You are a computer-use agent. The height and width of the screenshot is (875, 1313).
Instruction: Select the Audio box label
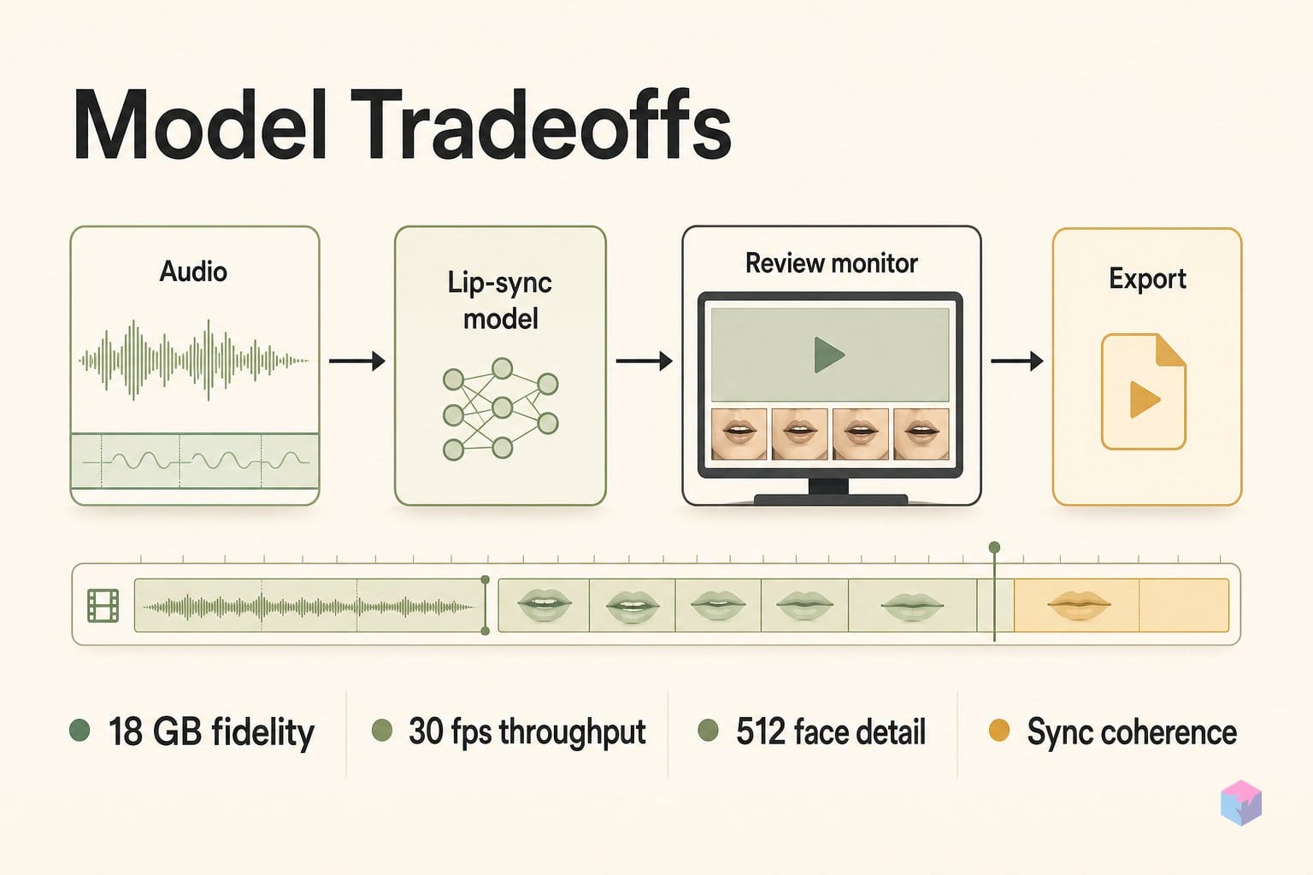click(193, 272)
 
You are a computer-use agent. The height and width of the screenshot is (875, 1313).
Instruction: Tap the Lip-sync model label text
click(500, 301)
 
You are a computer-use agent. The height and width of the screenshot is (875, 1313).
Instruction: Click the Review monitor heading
click(831, 263)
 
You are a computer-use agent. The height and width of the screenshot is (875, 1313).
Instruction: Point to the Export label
click(1147, 279)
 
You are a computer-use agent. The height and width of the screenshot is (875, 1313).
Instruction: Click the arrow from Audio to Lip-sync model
click(357, 361)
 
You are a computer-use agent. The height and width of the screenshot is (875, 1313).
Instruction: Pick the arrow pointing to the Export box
click(1017, 361)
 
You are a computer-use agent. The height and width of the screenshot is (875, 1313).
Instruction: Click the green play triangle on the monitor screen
click(828, 355)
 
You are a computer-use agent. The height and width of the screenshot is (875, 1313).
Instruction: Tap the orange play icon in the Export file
click(1144, 400)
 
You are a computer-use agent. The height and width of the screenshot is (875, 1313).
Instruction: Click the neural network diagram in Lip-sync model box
click(501, 409)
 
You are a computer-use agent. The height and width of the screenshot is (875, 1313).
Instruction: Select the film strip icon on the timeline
click(103, 606)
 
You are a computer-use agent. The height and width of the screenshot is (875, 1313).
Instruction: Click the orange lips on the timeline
click(1079, 605)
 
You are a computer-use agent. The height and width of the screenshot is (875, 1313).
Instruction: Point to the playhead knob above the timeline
click(994, 548)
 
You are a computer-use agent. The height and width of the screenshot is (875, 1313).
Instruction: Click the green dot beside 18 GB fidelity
click(79, 731)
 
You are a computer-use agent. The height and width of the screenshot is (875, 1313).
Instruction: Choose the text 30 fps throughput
click(527, 732)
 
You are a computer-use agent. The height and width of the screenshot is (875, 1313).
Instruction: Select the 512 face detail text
click(831, 731)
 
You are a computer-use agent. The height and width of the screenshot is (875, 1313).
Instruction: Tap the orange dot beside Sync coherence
click(998, 731)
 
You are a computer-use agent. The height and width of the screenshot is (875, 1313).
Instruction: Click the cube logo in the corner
click(1241, 803)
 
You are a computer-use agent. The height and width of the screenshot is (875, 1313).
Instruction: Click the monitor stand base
click(831, 500)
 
